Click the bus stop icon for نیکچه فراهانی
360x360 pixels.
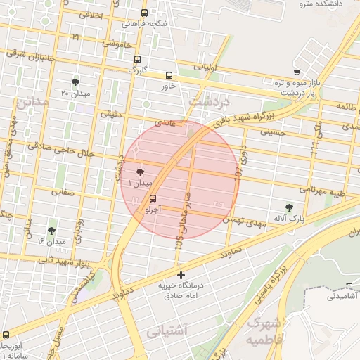click(144, 13)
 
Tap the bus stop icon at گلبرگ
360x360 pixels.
click(136, 60)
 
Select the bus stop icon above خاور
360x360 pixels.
click(169, 76)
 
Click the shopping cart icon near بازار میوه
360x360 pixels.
click(297, 72)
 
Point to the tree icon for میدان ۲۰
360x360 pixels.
click(75, 82)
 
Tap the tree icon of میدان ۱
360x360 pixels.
click(139, 172)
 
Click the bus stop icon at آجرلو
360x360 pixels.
click(153, 199)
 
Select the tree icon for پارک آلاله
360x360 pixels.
click(290, 207)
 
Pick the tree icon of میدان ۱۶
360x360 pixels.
click(51, 231)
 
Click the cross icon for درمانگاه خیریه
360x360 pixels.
click(181, 275)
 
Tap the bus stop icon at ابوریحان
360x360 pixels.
click(6, 334)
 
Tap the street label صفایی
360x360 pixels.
click(62, 191)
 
